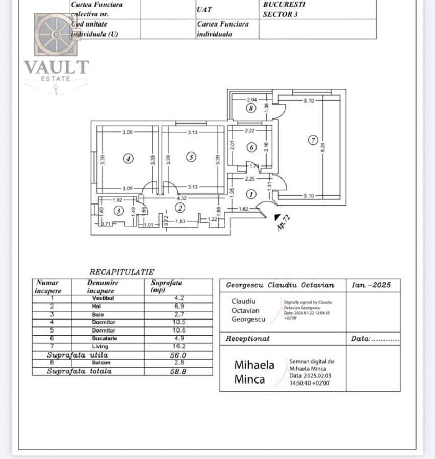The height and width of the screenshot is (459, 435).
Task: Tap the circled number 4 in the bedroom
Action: [x=128, y=159]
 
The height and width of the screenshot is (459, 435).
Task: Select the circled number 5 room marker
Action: [x=191, y=157]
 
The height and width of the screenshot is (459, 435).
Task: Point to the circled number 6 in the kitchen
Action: [x=251, y=147]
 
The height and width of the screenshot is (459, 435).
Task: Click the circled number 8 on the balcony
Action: [x=250, y=108]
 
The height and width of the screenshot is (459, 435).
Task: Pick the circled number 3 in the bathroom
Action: [x=118, y=210]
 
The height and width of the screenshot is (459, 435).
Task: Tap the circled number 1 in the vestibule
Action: [x=251, y=194]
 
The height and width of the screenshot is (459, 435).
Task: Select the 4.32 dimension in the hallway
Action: [x=181, y=198]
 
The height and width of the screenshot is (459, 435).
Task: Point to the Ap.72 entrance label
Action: [x=284, y=223]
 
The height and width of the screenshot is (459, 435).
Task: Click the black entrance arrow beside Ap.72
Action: [x=277, y=217]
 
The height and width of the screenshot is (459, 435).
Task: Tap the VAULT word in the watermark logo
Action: [x=56, y=67]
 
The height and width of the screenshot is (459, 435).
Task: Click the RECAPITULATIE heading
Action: [x=121, y=272]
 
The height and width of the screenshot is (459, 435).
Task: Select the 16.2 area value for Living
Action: [x=178, y=346]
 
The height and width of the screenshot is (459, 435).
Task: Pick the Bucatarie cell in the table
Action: [x=104, y=338]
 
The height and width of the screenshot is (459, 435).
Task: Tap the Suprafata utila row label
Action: [x=78, y=354]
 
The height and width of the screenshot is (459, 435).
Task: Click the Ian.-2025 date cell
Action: [x=371, y=285]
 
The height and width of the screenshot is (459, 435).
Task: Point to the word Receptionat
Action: [x=248, y=339]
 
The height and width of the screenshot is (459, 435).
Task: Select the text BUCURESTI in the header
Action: [x=284, y=4]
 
